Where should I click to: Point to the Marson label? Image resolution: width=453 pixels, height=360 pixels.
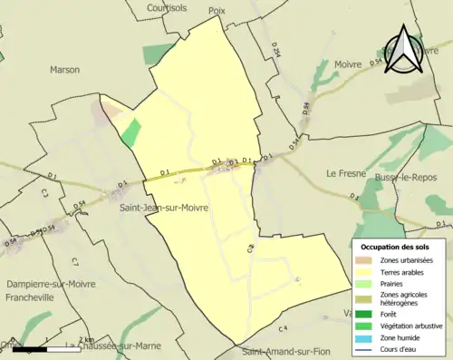pos(64,69)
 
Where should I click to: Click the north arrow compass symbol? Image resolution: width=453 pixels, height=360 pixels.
pos(404,51)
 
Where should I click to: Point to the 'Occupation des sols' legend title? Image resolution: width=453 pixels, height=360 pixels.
pos(395,247)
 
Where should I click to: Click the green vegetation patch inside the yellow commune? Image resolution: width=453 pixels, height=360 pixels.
pos(131,133)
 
